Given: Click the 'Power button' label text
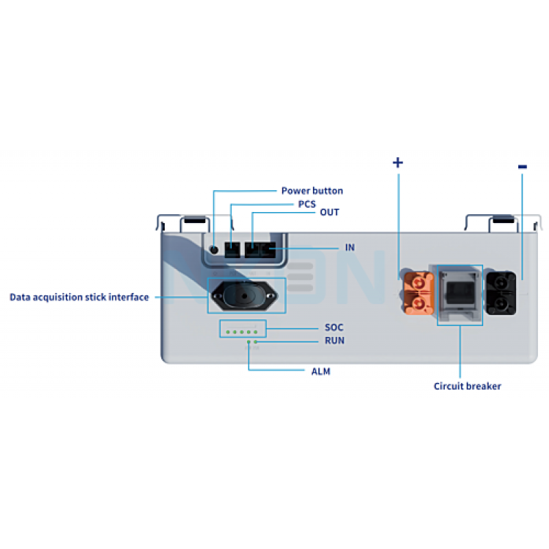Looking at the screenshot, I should click(x=312, y=191).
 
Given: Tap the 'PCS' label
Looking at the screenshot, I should click(x=307, y=204).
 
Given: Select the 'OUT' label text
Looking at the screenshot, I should click(x=329, y=213).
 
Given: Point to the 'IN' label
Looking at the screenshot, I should click(x=350, y=247).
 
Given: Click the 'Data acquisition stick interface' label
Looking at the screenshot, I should click(x=79, y=297).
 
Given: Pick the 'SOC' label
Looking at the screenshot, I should click(x=334, y=327).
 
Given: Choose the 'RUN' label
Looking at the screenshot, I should click(x=334, y=340).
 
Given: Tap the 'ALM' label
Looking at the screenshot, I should click(x=320, y=371).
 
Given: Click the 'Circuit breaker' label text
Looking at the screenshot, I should click(x=467, y=386).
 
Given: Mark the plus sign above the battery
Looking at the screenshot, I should click(x=397, y=163).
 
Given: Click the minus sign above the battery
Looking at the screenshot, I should click(x=522, y=166).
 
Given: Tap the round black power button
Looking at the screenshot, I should click(x=214, y=250).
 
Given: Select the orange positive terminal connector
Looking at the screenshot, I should click(x=418, y=292).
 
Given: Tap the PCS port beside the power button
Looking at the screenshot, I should click(x=233, y=249).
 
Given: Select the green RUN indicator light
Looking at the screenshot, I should click(x=256, y=341).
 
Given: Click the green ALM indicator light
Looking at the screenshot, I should click(x=248, y=341).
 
